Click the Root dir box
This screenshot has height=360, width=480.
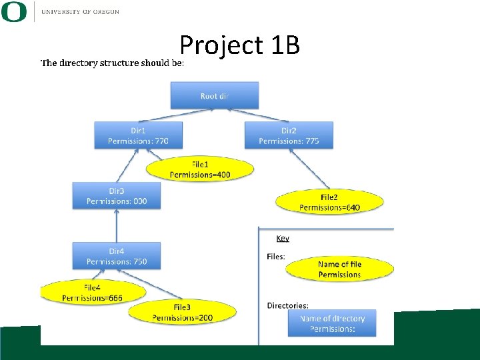point(214,95)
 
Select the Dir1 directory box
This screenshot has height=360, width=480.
point(138,135)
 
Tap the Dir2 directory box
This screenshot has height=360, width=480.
point(289,135)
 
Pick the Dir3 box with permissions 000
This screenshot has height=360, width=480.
point(117,196)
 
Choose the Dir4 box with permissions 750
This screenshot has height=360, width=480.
point(117,256)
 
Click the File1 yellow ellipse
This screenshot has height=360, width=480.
point(201,169)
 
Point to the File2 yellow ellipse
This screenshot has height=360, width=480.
point(329,202)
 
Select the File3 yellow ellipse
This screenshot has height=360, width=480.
point(182,312)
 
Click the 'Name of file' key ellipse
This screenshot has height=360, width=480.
point(339,269)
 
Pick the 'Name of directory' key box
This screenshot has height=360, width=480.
point(332,324)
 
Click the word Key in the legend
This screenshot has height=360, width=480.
point(283,238)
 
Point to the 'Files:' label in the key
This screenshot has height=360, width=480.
point(276,257)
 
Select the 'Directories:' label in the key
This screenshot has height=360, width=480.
point(287,306)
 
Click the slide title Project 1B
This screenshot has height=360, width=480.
point(239,45)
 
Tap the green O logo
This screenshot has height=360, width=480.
point(14,11)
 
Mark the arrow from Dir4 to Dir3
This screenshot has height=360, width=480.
point(117,225)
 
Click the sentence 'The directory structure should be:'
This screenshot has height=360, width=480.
point(112,63)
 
